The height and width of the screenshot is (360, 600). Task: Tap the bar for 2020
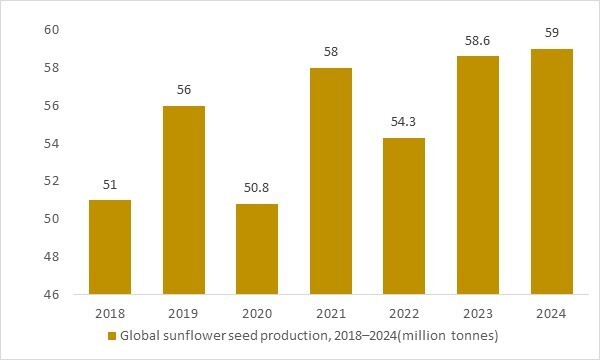258,249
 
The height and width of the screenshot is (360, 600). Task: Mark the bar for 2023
477,175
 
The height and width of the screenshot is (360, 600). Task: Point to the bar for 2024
551,172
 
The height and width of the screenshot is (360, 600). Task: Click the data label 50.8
258,188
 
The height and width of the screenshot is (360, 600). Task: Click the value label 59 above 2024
551,33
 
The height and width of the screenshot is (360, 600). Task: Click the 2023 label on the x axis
477,313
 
